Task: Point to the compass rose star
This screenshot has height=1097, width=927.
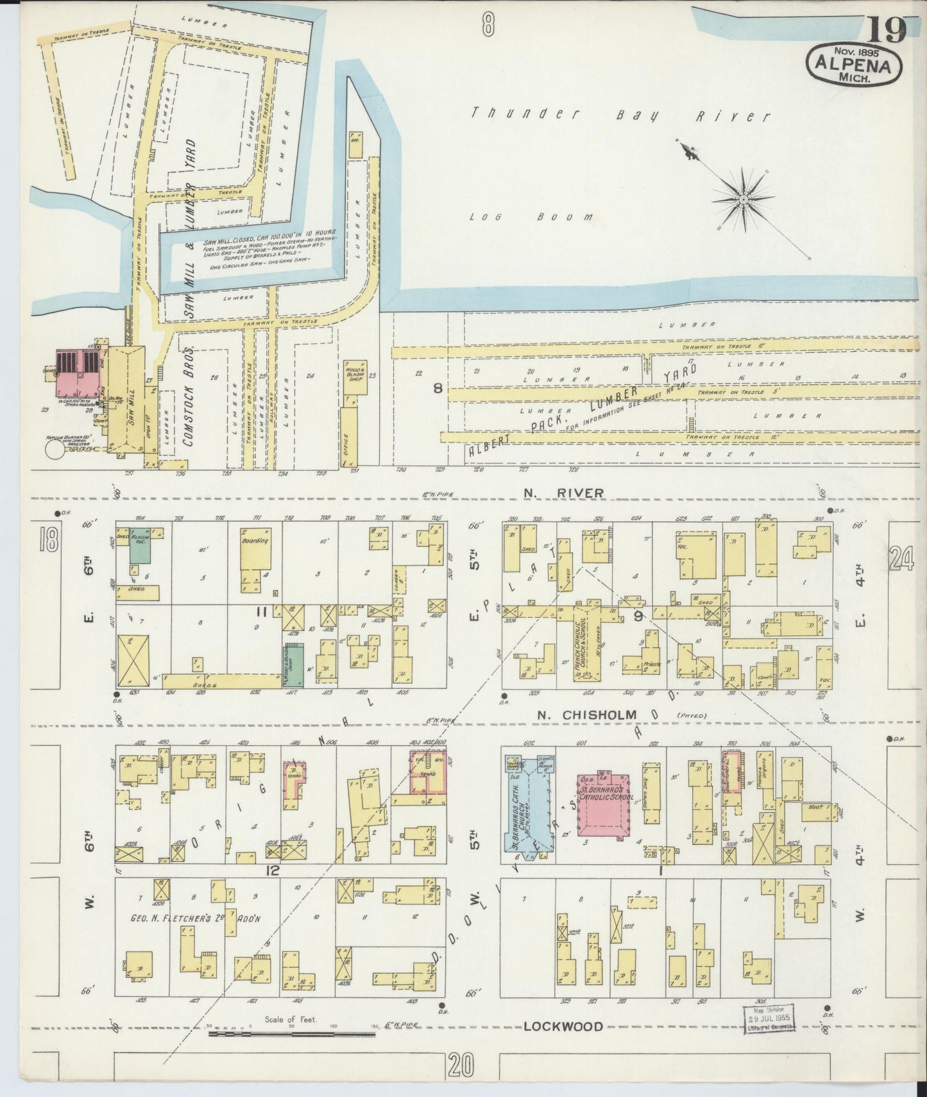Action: [x=743, y=200]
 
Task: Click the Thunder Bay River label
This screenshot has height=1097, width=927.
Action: [x=620, y=116]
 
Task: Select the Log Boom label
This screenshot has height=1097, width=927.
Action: [x=530, y=217]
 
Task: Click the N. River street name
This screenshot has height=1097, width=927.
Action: [x=561, y=493]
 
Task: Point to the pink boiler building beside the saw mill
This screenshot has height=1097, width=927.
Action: [x=76, y=373]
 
